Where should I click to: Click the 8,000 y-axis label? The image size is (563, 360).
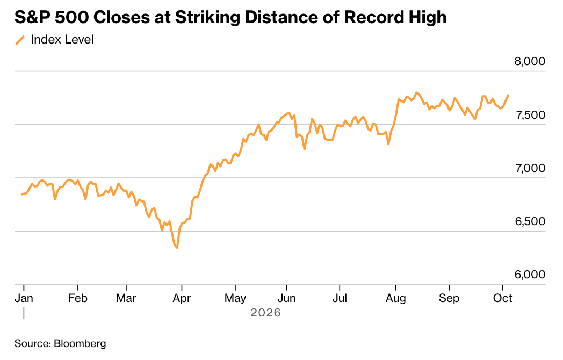(x=530, y=61)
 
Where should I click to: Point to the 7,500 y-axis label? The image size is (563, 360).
(x=530, y=115)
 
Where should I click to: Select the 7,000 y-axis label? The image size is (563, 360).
(x=530, y=168)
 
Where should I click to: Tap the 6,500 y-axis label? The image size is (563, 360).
(x=530, y=221)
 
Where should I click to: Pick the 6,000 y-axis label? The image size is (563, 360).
(x=530, y=275)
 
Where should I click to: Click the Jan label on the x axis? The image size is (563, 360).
(x=24, y=298)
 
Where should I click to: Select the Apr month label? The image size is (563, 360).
(x=182, y=299)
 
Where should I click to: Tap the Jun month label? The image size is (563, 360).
(x=286, y=298)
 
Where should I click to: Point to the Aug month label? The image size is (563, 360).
(x=396, y=299)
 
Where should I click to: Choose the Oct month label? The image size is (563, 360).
(x=502, y=298)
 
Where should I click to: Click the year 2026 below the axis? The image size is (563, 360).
(x=265, y=313)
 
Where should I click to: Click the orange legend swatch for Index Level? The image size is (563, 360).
(x=20, y=40)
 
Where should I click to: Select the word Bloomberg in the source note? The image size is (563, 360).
(x=80, y=344)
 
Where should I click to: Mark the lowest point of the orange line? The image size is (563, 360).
(x=177, y=248)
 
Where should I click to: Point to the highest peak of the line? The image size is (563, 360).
(x=416, y=93)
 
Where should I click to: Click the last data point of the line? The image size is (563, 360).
(x=508, y=95)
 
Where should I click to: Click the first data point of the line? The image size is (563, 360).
(x=22, y=195)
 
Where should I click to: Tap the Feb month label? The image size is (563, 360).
(x=77, y=298)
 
